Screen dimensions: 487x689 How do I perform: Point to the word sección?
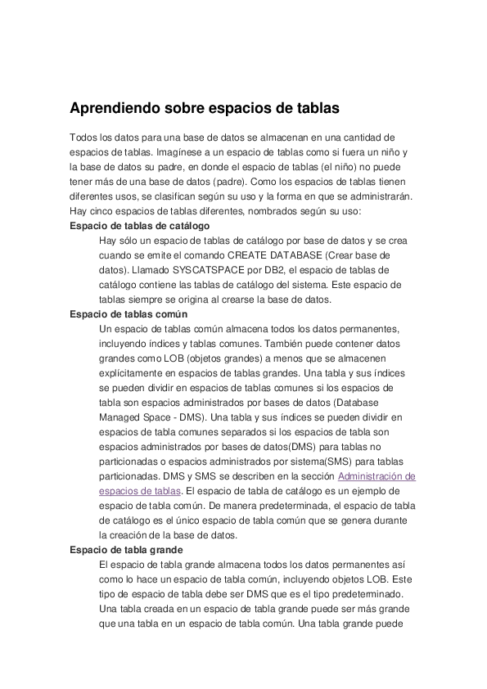(315, 475)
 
